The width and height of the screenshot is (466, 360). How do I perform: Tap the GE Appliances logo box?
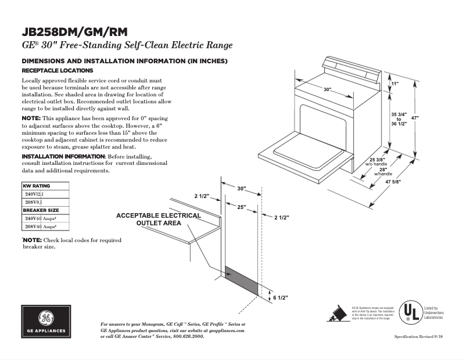coord(46,322)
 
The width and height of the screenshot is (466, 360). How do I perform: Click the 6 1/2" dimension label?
coord(281,297)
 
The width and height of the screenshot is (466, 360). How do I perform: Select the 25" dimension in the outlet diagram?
coord(241,207)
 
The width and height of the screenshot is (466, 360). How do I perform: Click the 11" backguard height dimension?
coord(395,84)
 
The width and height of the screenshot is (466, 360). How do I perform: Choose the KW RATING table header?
coord(36,186)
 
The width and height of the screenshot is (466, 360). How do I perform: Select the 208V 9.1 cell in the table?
coord(35,201)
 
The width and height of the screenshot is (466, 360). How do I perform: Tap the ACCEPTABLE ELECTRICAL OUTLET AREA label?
coord(158,219)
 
